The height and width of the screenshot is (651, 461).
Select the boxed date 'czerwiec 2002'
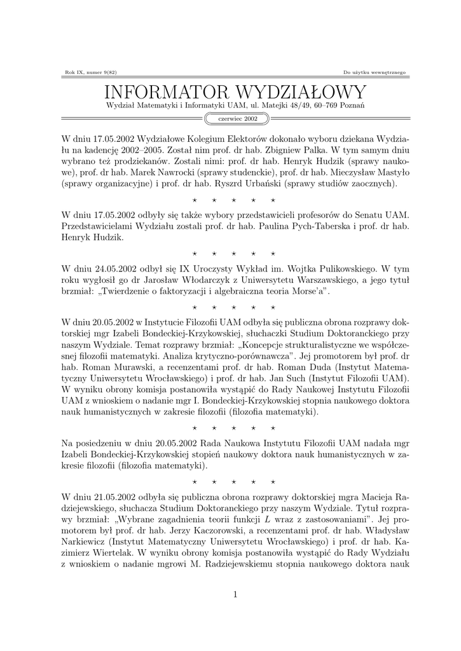238,118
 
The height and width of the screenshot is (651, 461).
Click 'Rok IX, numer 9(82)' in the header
88,72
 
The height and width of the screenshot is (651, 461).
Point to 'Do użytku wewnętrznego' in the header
374,72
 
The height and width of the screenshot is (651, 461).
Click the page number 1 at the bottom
235,594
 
